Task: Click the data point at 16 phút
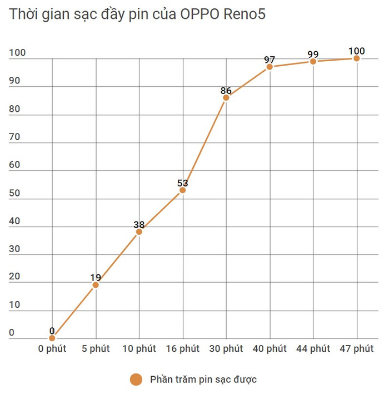(x=182, y=190)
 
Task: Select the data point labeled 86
(x=226, y=98)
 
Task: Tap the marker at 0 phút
(x=52, y=338)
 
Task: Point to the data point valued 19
(x=96, y=285)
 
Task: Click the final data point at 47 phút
(x=356, y=58)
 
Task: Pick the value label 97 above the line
(x=270, y=59)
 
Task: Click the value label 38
(x=139, y=225)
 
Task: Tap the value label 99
(x=313, y=54)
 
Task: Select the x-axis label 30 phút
(x=226, y=349)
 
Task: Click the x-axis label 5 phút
(x=96, y=349)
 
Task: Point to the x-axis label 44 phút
(x=313, y=349)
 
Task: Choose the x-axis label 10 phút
(x=139, y=349)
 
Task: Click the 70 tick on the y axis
(x=14, y=137)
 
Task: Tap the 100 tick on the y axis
(x=17, y=53)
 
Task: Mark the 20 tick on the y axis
(x=14, y=277)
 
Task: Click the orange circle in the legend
(x=136, y=380)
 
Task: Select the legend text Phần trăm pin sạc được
(x=203, y=380)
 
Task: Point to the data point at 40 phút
(x=270, y=67)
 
